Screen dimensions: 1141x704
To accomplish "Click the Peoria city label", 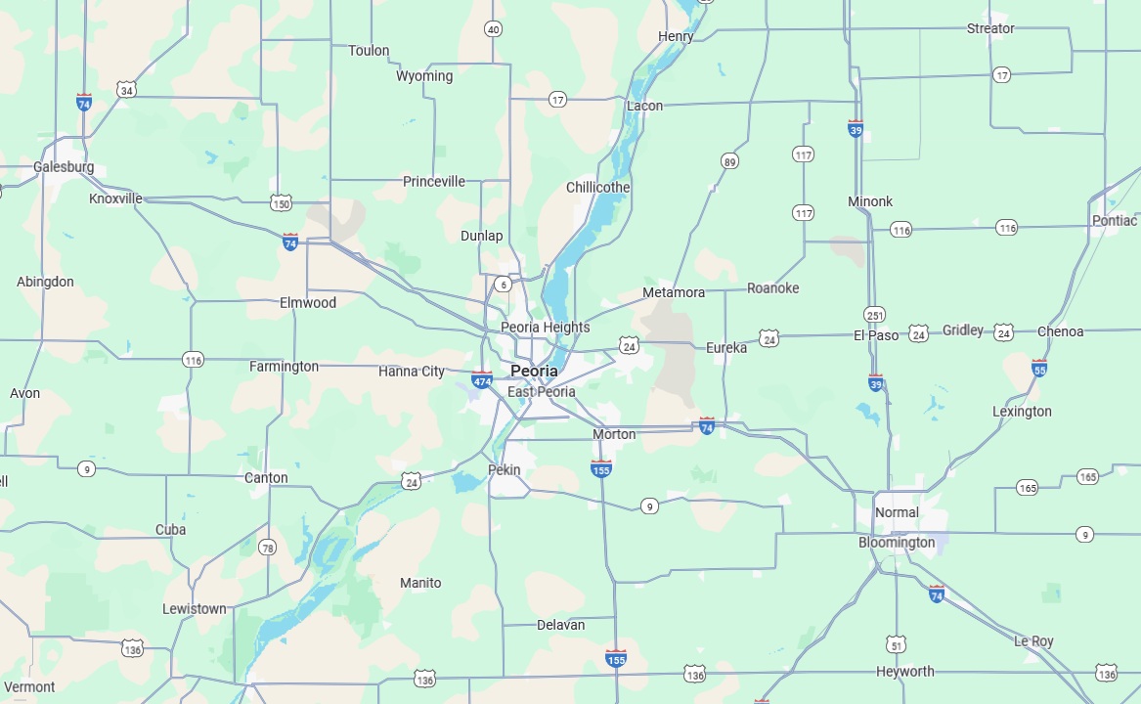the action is [534, 372].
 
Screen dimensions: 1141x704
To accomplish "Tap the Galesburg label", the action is [64, 167].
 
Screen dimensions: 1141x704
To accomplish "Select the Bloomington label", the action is [897, 543].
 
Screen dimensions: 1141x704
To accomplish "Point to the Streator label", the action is [990, 28].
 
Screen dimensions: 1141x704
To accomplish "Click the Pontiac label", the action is [1115, 221].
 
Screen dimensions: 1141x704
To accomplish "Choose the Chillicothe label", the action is [598, 188].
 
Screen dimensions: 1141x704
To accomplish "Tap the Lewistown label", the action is [195, 609].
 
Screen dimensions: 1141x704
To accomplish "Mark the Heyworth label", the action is [904, 672].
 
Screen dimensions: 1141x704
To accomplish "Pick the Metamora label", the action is [674, 293].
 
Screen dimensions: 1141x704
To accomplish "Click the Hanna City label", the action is [412, 372].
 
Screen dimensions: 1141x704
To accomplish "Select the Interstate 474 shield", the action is [481, 380].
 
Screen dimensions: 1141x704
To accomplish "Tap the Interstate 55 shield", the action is [1038, 369].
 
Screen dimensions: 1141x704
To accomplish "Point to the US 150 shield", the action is [282, 203].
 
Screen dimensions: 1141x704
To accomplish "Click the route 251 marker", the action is [874, 315].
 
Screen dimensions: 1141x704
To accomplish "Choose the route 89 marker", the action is [729, 161].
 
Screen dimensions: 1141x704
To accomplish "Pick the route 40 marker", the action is [493, 29].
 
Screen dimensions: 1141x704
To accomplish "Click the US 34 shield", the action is [125, 90].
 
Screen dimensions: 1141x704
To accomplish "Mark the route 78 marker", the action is [267, 548].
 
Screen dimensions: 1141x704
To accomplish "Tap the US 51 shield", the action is [897, 644].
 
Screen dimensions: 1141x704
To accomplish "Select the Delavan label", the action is [561, 625].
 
